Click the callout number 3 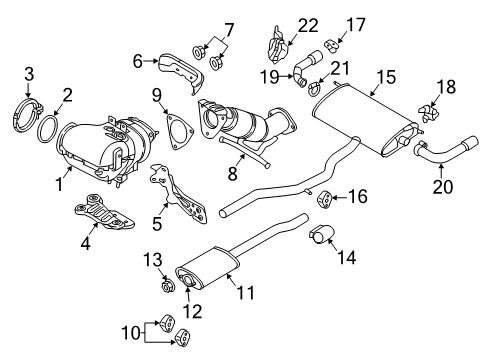[29, 74]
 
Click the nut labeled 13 [168, 286]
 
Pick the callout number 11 [245, 293]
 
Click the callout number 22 [308, 25]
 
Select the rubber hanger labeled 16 [324, 199]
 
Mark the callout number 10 [131, 332]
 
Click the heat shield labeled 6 [182, 72]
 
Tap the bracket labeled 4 [103, 213]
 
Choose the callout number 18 [446, 87]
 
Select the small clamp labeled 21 [313, 89]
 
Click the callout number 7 [229, 31]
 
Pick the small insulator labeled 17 [331, 46]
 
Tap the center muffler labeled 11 [208, 267]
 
